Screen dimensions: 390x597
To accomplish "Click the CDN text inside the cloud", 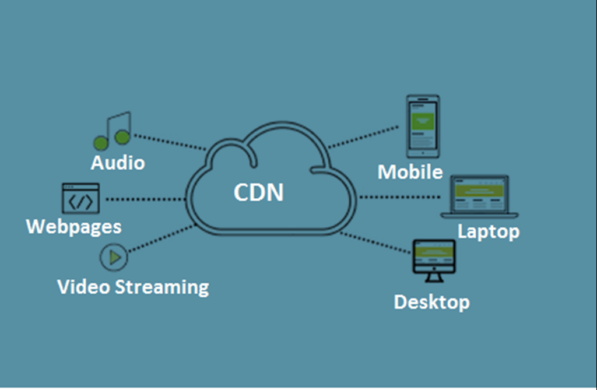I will pos(258,192).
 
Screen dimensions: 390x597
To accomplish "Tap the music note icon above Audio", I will pos(113,131).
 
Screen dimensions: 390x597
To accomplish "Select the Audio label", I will pos(117,162).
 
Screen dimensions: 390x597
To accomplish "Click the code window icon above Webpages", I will pos(80,198).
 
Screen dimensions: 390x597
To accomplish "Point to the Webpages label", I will pos(74,226).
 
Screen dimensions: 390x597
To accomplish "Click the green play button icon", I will pos(114,257).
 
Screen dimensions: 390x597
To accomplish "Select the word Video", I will pos(83,287).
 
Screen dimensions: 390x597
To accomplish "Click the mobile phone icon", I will pos(423,126).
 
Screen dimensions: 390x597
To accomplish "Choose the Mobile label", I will pos(410,172).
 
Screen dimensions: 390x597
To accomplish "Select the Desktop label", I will pos(431,302).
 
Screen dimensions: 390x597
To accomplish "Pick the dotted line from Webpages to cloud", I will pos(146,199).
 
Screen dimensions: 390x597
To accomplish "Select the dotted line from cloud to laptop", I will pos(402,197).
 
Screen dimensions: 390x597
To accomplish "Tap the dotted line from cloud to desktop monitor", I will pos(376,243).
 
